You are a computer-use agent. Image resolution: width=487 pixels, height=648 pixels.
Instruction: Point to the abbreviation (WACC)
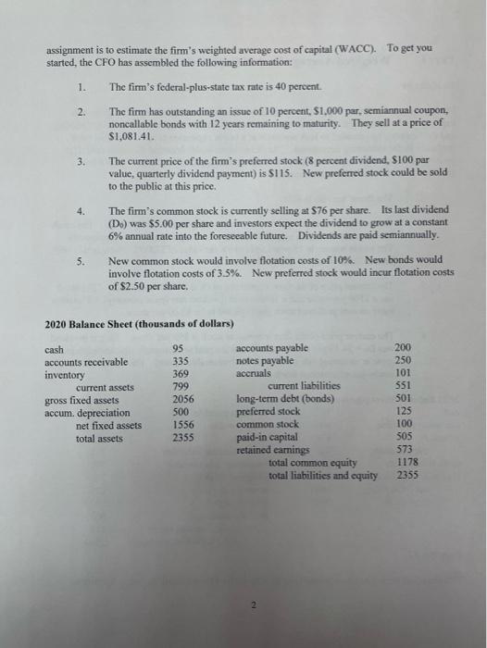tap(350, 47)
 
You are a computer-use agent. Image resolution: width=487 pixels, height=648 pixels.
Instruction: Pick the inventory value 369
tap(181, 374)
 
